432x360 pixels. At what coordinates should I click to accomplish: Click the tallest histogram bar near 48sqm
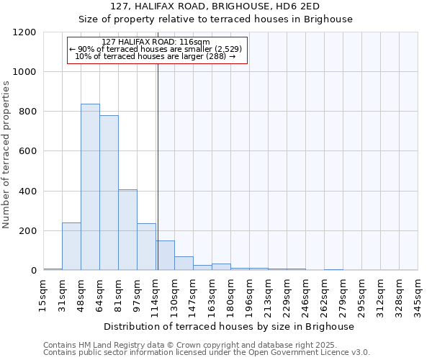pos(90,187)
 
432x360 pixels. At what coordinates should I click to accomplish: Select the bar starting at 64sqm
pos(109,193)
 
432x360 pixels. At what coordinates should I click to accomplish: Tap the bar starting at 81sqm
pos(127,230)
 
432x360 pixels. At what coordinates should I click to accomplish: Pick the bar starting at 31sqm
pos(71,246)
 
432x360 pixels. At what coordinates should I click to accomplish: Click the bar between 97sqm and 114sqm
pos(146,247)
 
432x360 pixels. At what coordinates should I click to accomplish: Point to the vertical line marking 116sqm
pos(158,166)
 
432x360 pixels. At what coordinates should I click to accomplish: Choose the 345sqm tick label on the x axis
pos(418,296)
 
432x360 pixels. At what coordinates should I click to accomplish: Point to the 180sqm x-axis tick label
pos(231,296)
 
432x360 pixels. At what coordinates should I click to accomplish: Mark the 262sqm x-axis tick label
pos(325,296)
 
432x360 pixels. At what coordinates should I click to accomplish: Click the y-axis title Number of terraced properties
pos(6,155)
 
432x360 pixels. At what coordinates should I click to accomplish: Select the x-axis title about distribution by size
pos(230,326)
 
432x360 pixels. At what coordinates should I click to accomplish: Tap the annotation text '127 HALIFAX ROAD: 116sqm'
pos(156,42)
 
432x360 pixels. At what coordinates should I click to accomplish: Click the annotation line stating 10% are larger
pos(156,56)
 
